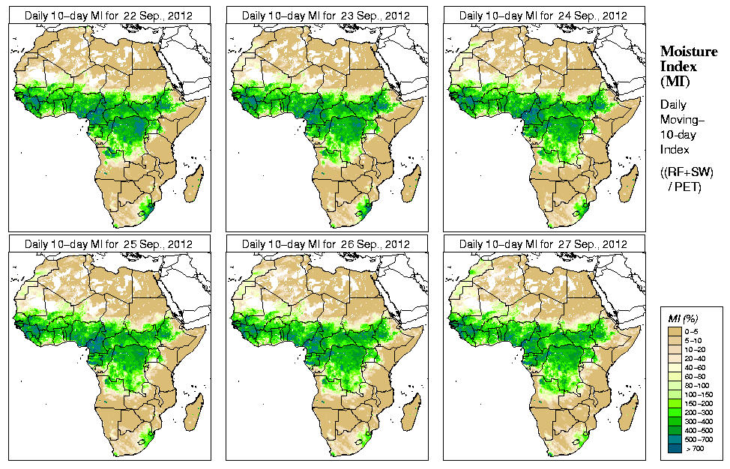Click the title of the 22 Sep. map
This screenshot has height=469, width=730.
(x=108, y=16)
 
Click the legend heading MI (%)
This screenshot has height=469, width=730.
(x=684, y=319)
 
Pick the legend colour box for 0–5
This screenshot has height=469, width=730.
(x=675, y=330)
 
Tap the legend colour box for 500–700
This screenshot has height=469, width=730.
(x=675, y=438)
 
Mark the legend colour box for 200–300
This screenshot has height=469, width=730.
(x=675, y=411)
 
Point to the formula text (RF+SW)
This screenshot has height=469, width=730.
(x=687, y=172)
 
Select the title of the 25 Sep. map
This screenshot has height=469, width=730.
(x=108, y=244)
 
